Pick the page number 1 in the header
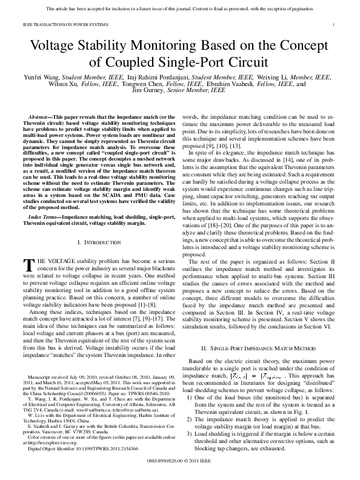[335, 24]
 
